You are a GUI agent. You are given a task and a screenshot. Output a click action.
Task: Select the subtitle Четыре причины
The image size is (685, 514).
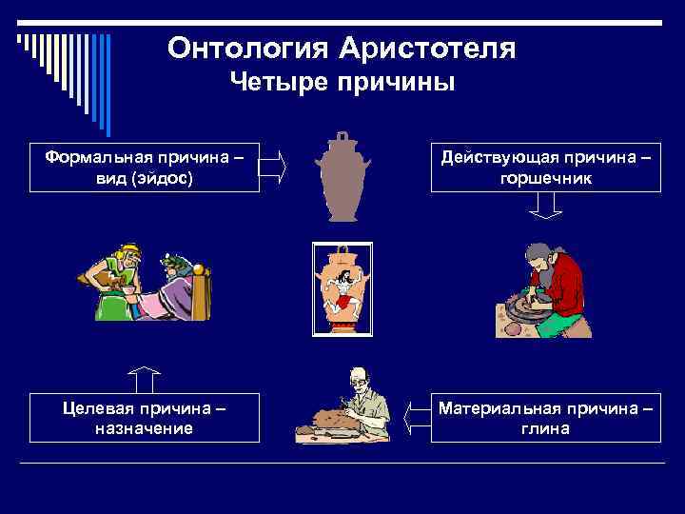click(x=342, y=83)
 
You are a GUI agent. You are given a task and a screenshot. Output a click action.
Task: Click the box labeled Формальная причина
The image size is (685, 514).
click(x=144, y=168)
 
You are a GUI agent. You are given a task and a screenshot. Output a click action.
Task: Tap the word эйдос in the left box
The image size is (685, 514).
click(x=164, y=178)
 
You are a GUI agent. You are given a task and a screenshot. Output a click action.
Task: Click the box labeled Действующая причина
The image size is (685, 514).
click(x=545, y=168)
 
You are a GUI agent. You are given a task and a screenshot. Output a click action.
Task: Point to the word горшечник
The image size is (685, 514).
click(x=545, y=178)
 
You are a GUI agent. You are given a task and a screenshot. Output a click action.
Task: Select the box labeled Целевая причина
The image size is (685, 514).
click(x=144, y=418)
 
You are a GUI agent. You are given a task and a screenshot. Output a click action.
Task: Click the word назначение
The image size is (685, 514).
click(x=144, y=428)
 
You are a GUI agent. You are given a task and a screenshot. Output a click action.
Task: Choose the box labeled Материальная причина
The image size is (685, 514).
click(x=545, y=418)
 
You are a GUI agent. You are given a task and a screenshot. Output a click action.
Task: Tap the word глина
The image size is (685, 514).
click(x=545, y=428)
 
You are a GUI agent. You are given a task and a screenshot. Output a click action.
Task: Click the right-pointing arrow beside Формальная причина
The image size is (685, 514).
click(x=272, y=167)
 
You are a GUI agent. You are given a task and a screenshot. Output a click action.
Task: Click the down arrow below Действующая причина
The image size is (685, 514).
click(x=545, y=205)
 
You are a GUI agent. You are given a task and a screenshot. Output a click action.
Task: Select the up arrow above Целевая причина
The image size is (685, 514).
click(x=144, y=379)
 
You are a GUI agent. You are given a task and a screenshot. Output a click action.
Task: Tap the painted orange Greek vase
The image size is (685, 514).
click(x=342, y=288)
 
